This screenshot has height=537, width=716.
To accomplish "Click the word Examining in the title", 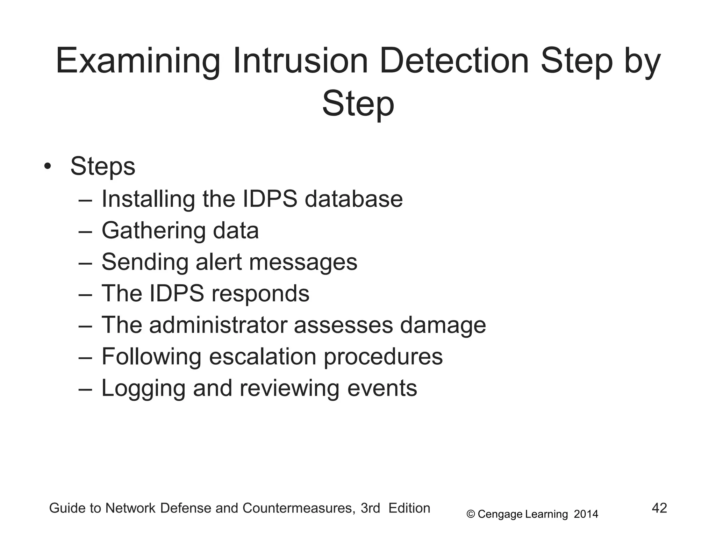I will [x=138, y=62].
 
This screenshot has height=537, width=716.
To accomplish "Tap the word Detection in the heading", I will [x=454, y=62].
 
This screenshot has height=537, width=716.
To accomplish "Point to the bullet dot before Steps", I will [x=48, y=167].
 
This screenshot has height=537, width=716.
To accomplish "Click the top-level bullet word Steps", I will [x=102, y=167].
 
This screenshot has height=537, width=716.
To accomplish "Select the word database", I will [x=353, y=199].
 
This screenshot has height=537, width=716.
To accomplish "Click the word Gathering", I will [x=153, y=231].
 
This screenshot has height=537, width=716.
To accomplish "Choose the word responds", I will [x=260, y=293].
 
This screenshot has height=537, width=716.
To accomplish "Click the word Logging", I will [x=143, y=388].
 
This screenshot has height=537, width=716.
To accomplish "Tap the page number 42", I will [x=659, y=508].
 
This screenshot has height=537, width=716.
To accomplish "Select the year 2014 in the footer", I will [x=586, y=514].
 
